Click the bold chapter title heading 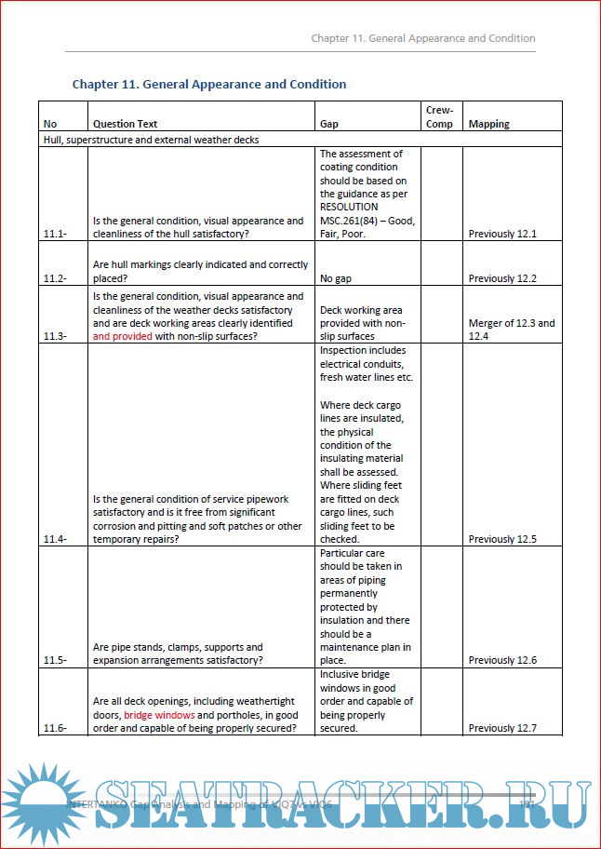pyautogui.click(x=209, y=84)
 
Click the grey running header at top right pyautogui.click(x=422, y=38)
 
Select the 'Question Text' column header pyautogui.click(x=126, y=124)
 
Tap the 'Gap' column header pyautogui.click(x=329, y=124)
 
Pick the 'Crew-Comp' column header pyautogui.click(x=439, y=116)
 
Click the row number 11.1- pyautogui.click(x=56, y=234)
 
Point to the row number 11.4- pyautogui.click(x=56, y=539)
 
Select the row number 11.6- pyautogui.click(x=56, y=728)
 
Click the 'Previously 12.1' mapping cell pyautogui.click(x=502, y=234)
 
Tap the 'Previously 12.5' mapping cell pyautogui.click(x=502, y=539)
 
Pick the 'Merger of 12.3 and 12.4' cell pyautogui.click(x=512, y=330)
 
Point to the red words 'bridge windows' pyautogui.click(x=159, y=715)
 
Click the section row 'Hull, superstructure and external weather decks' pyautogui.click(x=151, y=140)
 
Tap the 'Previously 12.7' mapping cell pyautogui.click(x=502, y=728)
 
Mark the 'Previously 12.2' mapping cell pyautogui.click(x=502, y=278)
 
